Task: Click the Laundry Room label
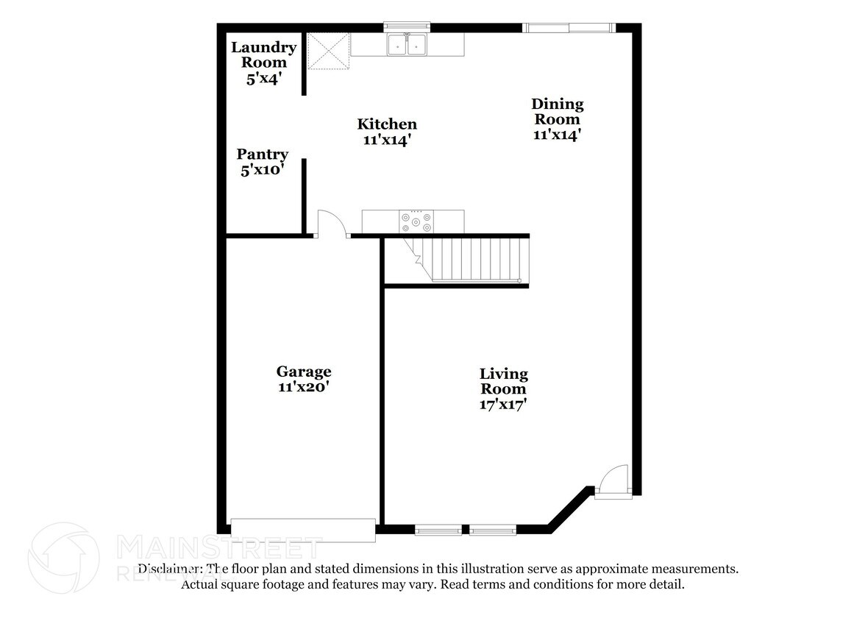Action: [263, 55]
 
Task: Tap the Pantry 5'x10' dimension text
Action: [262, 170]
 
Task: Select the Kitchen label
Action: [387, 124]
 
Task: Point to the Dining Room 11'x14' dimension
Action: [558, 135]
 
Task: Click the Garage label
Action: [303, 372]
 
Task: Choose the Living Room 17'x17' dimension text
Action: [504, 404]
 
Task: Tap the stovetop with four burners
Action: [416, 221]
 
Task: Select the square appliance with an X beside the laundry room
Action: [328, 51]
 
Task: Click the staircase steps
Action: [478, 259]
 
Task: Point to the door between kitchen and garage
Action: [331, 224]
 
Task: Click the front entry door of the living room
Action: [613, 482]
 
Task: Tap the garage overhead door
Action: [303, 530]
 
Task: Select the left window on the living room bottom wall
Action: [438, 530]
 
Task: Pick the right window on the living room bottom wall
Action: [493, 530]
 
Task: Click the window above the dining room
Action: [568, 28]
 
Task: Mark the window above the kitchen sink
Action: [408, 27]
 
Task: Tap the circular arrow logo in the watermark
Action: [63, 558]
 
